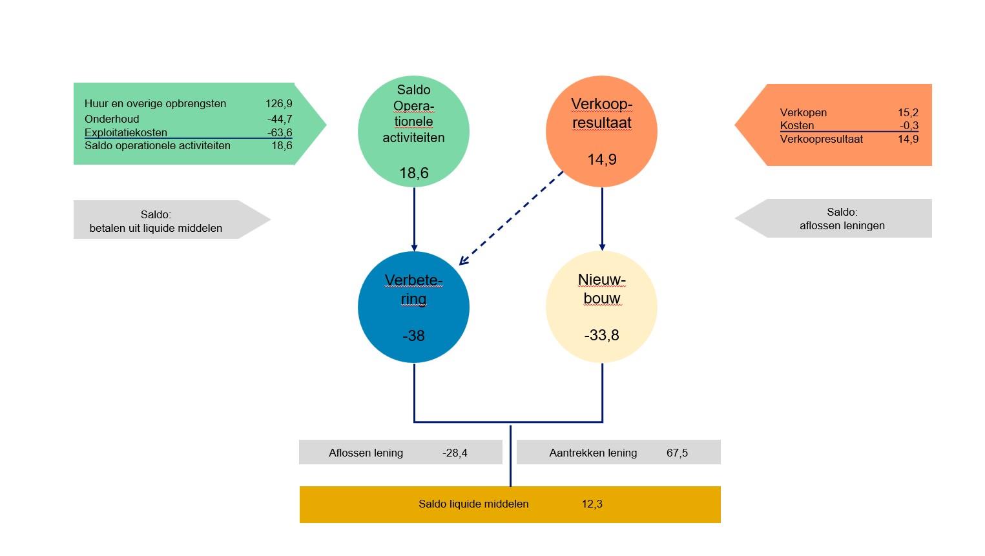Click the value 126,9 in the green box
pos(279,104)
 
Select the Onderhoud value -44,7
pos(280,119)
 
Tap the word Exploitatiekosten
pos(126,132)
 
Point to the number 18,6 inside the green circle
pos(414,173)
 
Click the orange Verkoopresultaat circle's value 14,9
pos(602,160)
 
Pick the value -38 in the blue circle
pos(414,336)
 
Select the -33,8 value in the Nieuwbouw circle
pos(601,335)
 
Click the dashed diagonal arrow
pos(511,218)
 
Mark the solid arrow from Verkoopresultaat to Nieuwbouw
pos(602,219)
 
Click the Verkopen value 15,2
pos(908,112)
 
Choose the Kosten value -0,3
pos(909,126)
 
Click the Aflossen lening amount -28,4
pos(455,453)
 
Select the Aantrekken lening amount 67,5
pos(677,453)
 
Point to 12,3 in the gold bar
pos(592,504)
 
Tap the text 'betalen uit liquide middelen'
pos(156,228)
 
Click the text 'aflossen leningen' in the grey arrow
pos(842,225)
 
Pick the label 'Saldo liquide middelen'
pos(473,504)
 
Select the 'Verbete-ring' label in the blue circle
pos(414,290)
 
